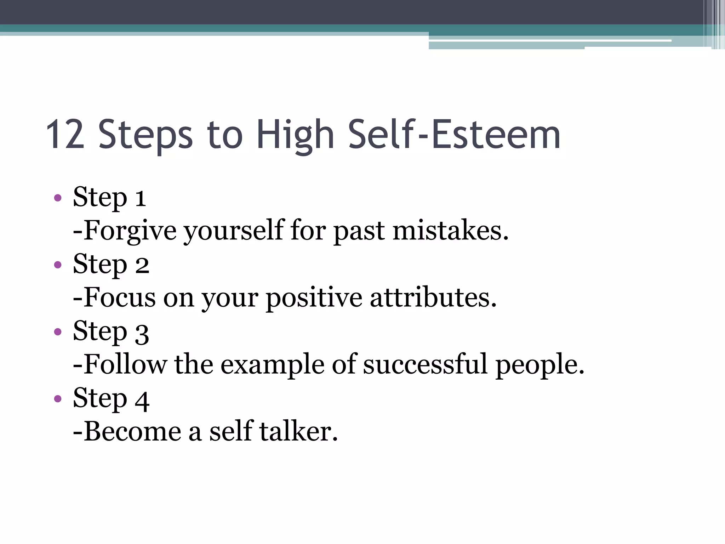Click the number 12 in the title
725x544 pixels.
65,135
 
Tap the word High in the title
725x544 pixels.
295,135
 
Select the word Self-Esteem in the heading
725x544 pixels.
455,134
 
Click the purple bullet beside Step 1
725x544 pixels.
58,198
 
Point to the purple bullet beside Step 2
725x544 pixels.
58,265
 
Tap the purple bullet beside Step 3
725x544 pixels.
58,332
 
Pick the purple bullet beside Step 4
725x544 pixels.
58,399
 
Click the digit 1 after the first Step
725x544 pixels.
141,198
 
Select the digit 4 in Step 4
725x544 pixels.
142,400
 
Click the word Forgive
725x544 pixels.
130,231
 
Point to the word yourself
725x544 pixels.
234,231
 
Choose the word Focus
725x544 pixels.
120,298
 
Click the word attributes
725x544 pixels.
433,298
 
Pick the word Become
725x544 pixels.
132,432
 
